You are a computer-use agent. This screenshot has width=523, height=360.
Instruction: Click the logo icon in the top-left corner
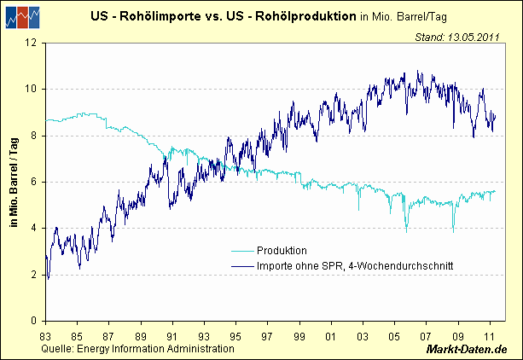tap(23, 16)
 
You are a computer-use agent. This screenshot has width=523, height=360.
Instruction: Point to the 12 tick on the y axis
tap(31, 43)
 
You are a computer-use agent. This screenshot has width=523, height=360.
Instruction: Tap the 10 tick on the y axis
tap(31, 89)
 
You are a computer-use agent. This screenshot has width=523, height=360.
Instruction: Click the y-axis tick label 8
tap(33, 136)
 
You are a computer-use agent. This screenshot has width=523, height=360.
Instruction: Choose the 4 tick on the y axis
tap(33, 228)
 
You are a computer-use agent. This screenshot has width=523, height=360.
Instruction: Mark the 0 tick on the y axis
tap(33, 321)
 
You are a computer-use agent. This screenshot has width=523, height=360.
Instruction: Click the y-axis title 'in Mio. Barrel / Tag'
tap(14, 181)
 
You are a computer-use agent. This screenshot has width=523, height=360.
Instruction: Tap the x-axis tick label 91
tap(172, 336)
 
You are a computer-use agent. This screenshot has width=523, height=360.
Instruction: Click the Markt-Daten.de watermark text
tap(467, 351)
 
